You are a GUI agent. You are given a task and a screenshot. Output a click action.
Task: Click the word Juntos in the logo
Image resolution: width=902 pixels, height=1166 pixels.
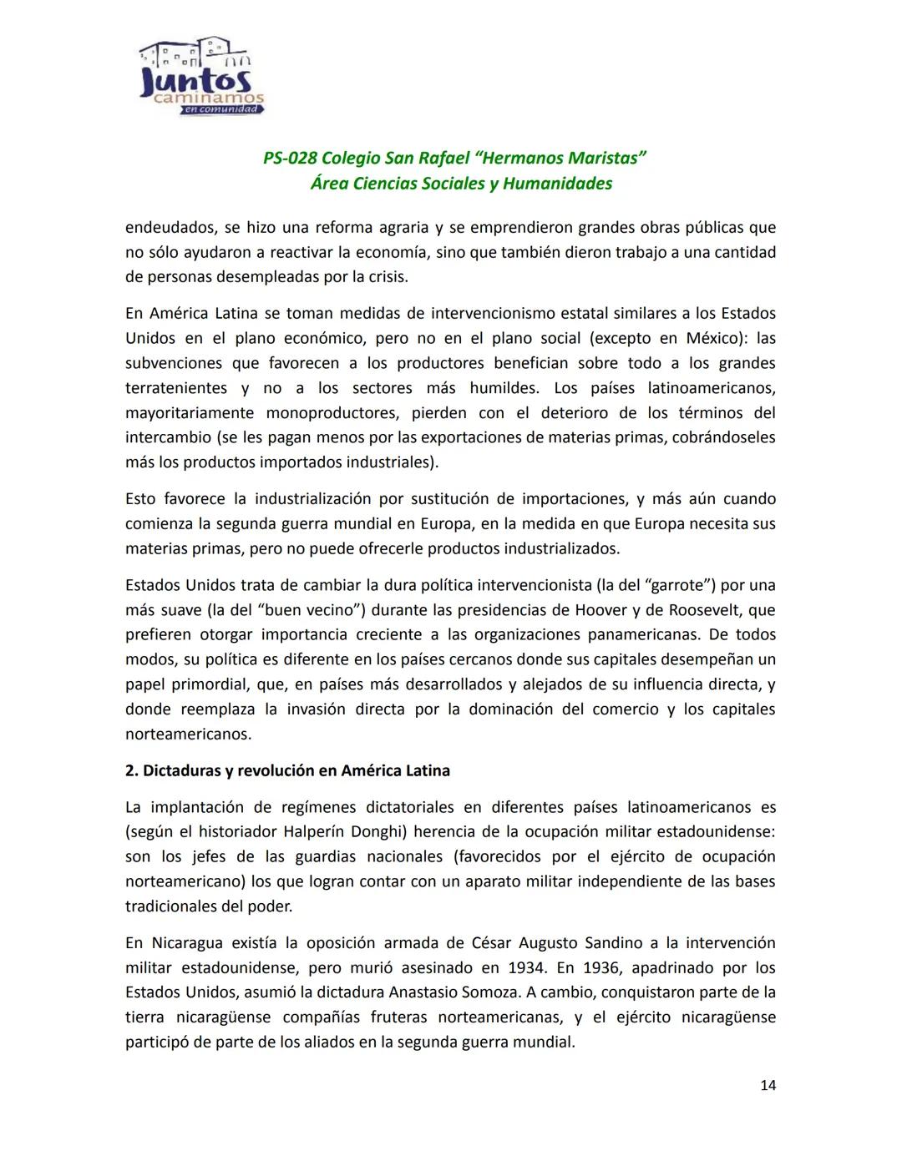point(196,81)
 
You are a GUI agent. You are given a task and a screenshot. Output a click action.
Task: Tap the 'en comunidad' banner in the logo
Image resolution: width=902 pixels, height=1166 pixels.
point(220,109)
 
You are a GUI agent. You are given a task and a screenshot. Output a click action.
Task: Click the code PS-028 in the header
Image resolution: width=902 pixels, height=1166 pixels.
point(289,159)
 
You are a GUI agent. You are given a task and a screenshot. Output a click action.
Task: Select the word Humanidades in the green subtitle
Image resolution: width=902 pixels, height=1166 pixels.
point(558,184)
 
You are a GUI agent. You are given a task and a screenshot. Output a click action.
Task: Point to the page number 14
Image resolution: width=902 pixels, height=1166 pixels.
point(768,1085)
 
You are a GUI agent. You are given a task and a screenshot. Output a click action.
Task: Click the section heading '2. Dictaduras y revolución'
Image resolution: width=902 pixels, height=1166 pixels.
point(287,770)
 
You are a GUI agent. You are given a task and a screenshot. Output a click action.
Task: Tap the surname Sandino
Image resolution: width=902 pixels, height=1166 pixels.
point(601,943)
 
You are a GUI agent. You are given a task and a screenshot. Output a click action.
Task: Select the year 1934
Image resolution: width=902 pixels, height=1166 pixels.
point(527,968)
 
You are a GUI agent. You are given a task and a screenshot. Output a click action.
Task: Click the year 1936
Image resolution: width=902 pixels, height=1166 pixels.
point(601,968)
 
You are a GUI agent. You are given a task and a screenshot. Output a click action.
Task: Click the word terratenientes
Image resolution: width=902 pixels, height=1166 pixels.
point(176,388)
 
